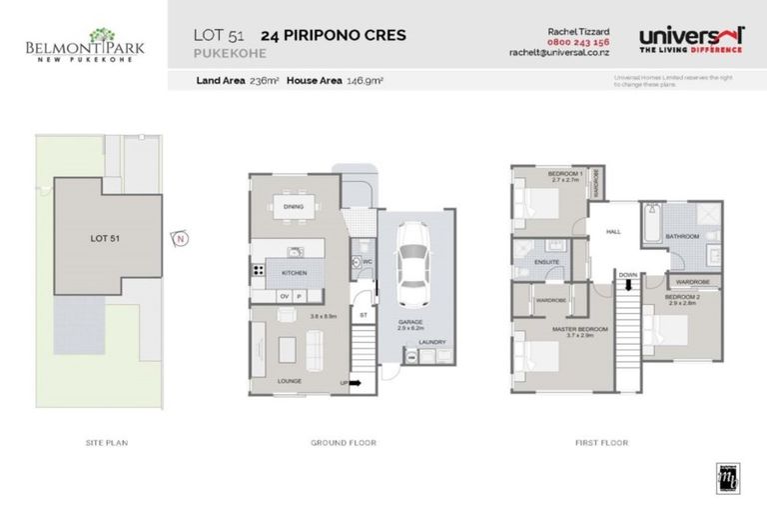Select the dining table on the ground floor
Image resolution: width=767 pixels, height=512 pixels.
pyautogui.click(x=295, y=209)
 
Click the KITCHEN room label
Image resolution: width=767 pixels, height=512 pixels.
pyautogui.click(x=293, y=272)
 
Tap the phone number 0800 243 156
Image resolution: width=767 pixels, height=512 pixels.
pyautogui.click(x=579, y=42)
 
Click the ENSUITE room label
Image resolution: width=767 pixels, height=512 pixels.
pyautogui.click(x=546, y=262)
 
